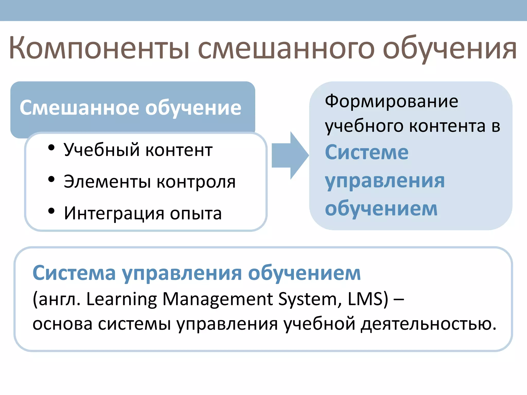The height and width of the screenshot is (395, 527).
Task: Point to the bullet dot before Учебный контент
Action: tap(51, 148)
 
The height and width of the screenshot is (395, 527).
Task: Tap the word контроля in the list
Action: tap(196, 182)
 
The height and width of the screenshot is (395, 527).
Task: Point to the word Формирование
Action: tap(391, 101)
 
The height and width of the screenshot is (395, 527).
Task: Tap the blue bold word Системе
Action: tap(367, 152)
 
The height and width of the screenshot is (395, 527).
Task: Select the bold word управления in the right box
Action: tap(385, 181)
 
